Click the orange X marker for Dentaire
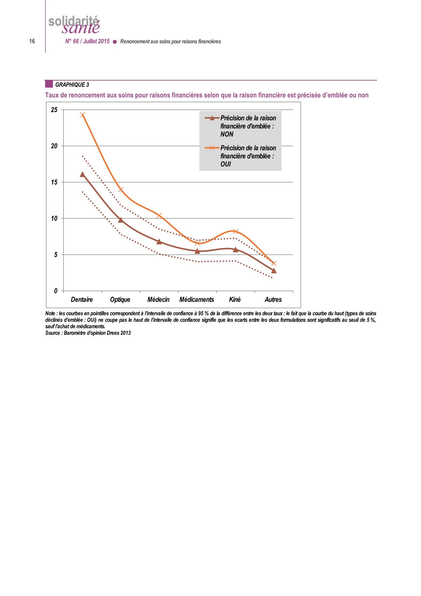[83, 115]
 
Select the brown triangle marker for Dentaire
[82, 174]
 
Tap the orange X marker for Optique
[121, 189]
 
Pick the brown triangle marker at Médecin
[159, 242]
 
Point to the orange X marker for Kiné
[236, 231]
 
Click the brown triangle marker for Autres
[274, 270]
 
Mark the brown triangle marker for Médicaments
[197, 251]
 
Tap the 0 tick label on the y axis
[56, 291]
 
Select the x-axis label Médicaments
[197, 300]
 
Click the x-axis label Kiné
[235, 300]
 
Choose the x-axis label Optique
[120, 300]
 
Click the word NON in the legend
[227, 135]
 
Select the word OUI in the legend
[225, 164]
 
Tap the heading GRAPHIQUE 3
[72, 85]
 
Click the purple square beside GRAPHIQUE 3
[49, 84]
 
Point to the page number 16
[32, 41]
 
